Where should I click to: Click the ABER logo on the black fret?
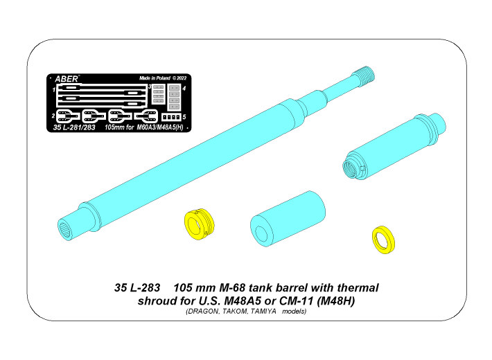[67, 79]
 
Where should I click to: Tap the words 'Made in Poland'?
[155, 78]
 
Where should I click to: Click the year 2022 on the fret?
[181, 78]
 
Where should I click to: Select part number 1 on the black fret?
[53, 90]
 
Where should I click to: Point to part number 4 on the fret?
[184, 89]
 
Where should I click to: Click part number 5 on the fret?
[184, 117]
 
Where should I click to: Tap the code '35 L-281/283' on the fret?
[74, 127]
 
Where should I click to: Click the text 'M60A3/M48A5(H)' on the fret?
[160, 127]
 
